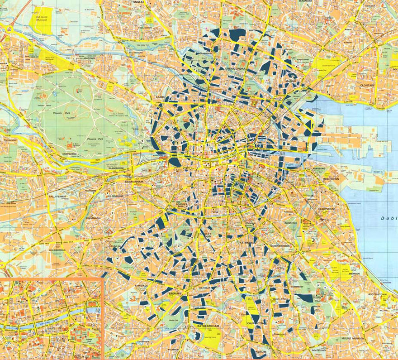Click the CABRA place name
point(161,97)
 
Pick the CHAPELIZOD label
point(72,154)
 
